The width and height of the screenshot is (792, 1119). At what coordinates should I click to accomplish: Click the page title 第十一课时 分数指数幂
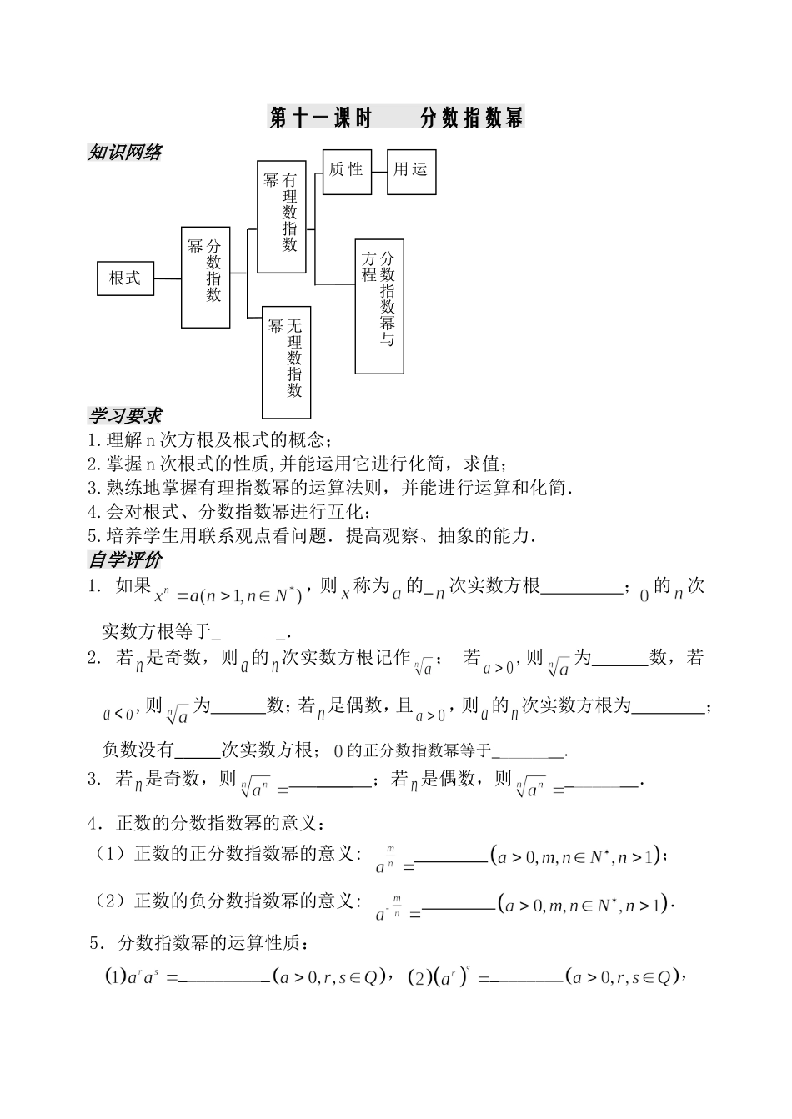point(396,118)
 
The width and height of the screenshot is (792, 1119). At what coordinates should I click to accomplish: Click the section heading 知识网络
point(125,153)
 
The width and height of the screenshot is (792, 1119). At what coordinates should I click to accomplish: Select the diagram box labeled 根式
point(126,278)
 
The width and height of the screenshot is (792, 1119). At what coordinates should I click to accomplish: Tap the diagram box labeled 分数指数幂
point(206,276)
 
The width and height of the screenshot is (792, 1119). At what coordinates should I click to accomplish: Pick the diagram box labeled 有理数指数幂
point(282,216)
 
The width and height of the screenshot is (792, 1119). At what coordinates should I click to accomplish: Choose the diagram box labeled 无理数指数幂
point(286,361)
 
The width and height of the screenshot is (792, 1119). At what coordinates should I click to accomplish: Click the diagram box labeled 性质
point(347,171)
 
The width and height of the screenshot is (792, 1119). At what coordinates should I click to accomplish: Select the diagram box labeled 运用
point(411,171)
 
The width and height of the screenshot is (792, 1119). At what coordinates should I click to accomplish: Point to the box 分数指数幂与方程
point(379,307)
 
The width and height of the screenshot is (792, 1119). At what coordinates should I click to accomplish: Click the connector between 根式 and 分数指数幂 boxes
point(168,278)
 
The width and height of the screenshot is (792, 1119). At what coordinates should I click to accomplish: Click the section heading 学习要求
point(125,415)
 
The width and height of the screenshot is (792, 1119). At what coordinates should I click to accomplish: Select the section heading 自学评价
point(125,559)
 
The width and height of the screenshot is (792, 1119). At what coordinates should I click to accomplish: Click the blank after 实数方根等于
point(249,634)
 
